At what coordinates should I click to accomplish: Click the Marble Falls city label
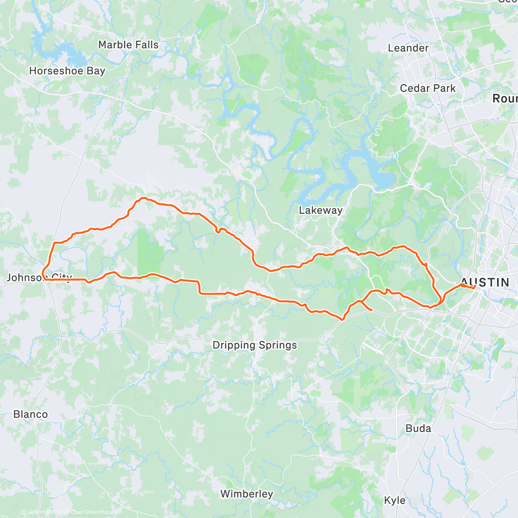click(x=128, y=45)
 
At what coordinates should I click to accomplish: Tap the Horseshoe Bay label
click(x=67, y=71)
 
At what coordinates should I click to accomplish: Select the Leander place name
click(x=408, y=48)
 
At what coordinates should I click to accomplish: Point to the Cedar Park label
click(x=427, y=88)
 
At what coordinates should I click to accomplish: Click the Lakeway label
click(x=320, y=211)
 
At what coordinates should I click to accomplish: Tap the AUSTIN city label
click(x=485, y=283)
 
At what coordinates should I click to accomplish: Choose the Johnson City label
click(x=39, y=278)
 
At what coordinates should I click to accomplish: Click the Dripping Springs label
click(x=255, y=345)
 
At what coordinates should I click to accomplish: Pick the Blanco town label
click(x=31, y=414)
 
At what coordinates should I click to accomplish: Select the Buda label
click(x=418, y=429)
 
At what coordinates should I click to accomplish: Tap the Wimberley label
click(x=246, y=494)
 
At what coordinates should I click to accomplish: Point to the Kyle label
click(x=395, y=501)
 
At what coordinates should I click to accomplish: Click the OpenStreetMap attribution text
click(x=90, y=513)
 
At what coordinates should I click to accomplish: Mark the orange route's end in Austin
click(x=475, y=286)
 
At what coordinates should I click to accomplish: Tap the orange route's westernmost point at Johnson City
click(x=42, y=272)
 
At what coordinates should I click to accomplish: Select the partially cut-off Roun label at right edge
click(x=505, y=99)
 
